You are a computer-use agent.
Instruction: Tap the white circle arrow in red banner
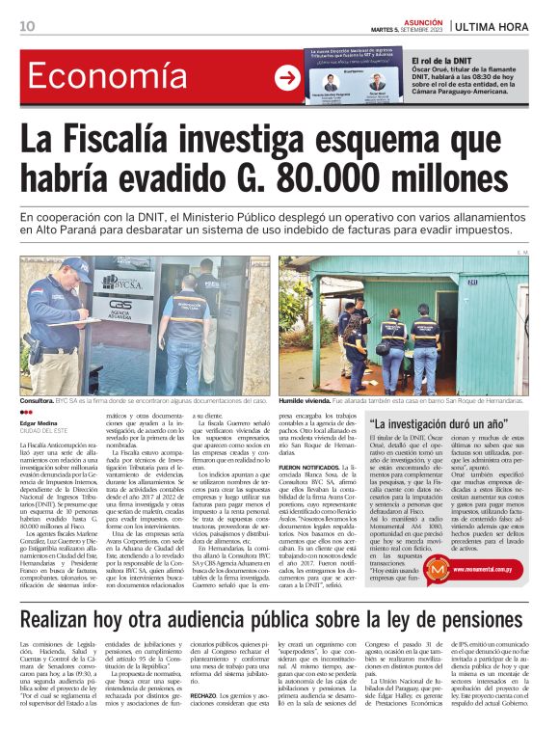tap(287, 78)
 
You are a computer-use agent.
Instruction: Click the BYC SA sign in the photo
tap(123, 281)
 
